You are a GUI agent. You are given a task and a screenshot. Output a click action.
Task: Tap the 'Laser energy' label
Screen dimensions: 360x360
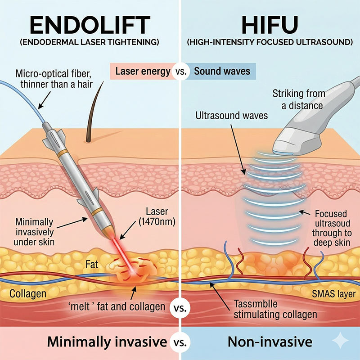tap(143, 71)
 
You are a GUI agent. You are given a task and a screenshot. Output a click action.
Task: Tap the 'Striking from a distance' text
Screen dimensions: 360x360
tap(297, 99)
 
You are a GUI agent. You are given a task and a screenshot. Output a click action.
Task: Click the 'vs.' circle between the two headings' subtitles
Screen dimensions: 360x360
tap(180, 72)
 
